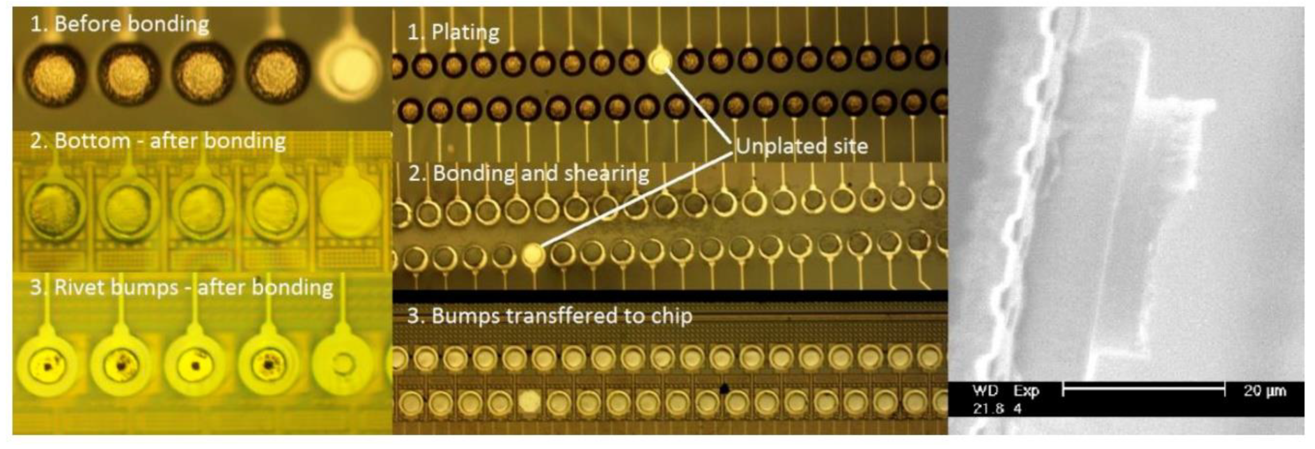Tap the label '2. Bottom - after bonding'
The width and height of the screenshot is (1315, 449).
point(158,141)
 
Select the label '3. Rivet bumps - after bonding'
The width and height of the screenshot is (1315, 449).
point(181,288)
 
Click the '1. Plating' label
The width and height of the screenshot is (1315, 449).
point(453,33)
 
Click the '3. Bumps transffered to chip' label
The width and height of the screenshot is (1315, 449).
point(550,316)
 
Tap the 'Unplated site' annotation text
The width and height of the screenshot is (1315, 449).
point(801,147)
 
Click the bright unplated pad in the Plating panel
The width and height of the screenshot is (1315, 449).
point(661,61)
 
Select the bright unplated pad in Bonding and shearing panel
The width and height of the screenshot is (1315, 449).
point(533,254)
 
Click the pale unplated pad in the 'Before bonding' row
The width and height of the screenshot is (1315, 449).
point(349,70)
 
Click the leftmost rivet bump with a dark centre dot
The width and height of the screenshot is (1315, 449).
point(47,366)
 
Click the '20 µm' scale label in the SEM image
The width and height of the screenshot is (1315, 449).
point(1264,391)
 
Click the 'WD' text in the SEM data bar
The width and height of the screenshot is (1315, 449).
point(985,391)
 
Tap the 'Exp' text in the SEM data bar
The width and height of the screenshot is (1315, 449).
point(1027,391)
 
